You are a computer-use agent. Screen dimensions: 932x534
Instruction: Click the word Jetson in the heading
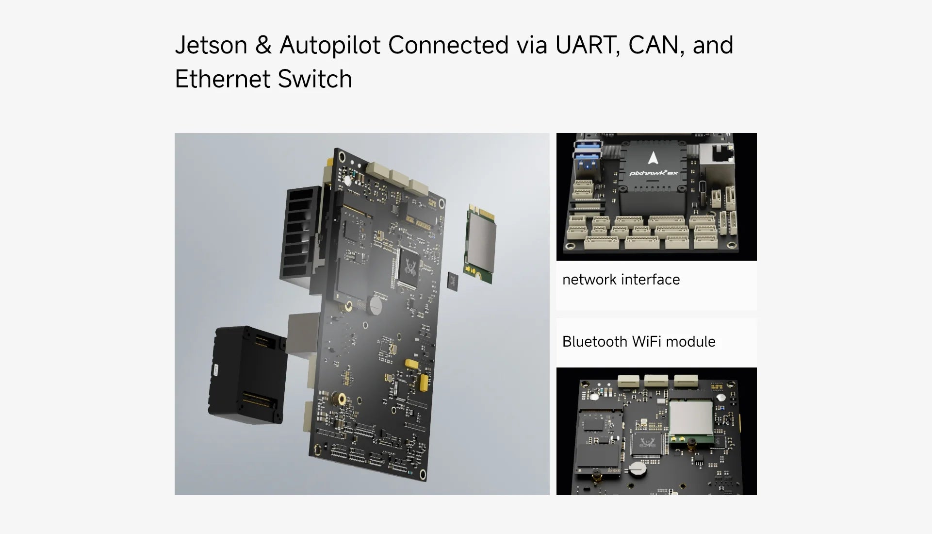pos(211,45)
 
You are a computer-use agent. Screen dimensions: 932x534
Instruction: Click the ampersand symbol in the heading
pos(263,45)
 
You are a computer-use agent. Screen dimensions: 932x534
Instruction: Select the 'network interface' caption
pos(621,280)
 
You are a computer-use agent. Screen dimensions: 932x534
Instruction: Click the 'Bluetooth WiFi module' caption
pos(638,342)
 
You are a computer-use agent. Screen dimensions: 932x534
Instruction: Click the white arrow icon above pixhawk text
pos(653,157)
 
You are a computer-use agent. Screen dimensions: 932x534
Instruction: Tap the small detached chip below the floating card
pos(452,282)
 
